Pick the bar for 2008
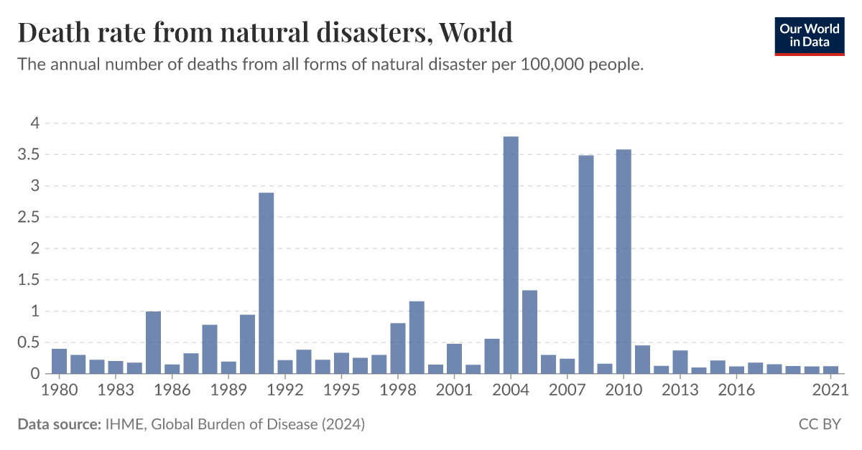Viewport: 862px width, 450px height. [586, 265]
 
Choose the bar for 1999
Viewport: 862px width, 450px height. [417, 337]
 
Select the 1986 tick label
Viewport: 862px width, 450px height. [172, 390]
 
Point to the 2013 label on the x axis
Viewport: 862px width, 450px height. [680, 390]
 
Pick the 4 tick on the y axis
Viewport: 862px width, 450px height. [33, 123]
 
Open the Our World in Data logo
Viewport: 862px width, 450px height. [810, 34]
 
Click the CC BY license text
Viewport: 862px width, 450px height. [820, 425]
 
